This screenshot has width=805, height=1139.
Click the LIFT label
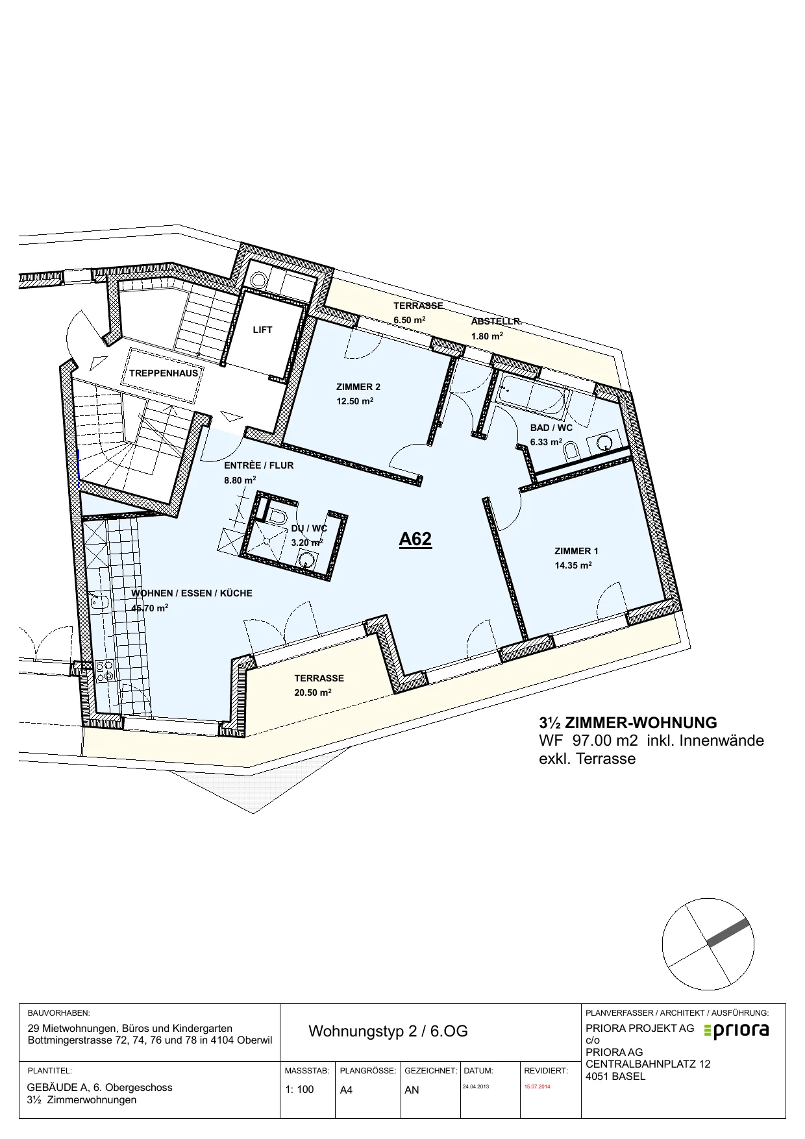click(262, 330)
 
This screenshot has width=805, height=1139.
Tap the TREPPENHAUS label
click(164, 373)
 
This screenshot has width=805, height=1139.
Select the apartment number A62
click(415, 539)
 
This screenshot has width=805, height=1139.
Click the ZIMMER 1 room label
click(576, 551)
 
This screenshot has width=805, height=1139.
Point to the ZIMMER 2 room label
click(358, 387)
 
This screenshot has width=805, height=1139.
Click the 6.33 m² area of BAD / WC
click(546, 442)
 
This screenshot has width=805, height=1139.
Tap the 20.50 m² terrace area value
click(313, 692)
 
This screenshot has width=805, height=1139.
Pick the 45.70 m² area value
click(150, 608)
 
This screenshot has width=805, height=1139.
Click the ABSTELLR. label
click(497, 321)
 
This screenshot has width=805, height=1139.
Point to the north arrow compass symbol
click(708, 944)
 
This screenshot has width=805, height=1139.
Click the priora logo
click(737, 1030)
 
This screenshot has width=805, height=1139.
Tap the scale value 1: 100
click(300, 1090)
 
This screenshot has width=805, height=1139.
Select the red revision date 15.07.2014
click(537, 1086)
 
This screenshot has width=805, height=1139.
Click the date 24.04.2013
click(476, 1086)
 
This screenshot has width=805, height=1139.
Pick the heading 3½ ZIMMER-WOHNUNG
click(628, 722)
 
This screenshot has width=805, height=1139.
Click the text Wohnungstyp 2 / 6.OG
click(388, 1031)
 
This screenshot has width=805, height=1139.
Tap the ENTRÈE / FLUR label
click(259, 465)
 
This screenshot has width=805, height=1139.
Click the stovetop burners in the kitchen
click(105, 670)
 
